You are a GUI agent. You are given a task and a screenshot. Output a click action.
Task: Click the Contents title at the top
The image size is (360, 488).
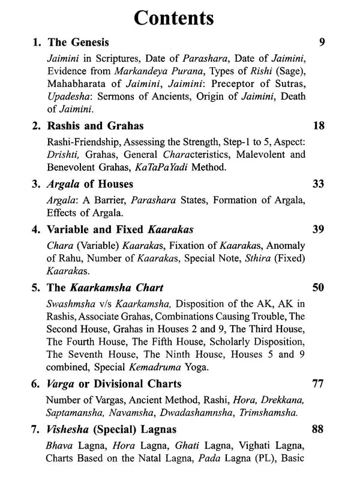point(174,17)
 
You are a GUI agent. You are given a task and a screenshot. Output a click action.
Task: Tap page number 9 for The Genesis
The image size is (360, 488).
point(322,43)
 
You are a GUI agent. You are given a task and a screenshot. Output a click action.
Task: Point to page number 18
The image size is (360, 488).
point(319,126)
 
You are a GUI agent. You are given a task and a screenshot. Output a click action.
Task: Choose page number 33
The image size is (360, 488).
point(319,183)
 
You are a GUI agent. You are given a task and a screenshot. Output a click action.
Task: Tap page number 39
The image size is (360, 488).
point(319,229)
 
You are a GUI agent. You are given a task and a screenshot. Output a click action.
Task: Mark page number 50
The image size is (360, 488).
point(319,288)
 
